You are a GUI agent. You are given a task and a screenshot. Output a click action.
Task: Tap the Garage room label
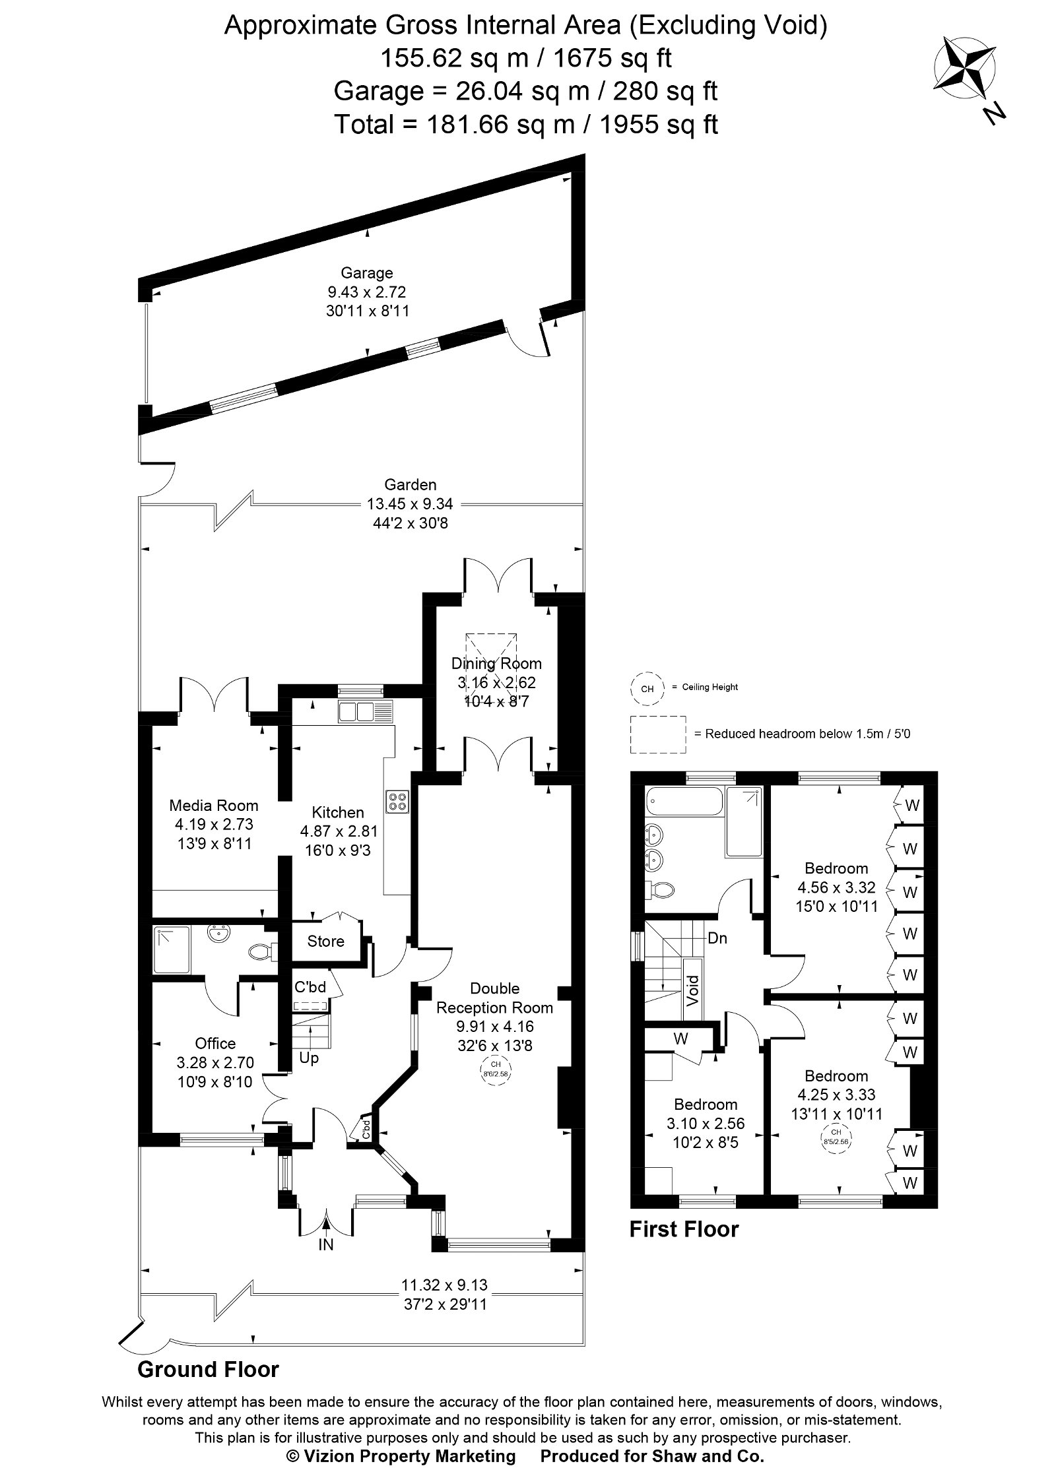click(366, 272)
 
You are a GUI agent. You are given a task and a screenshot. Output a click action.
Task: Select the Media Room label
click(213, 805)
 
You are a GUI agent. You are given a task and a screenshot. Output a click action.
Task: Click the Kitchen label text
click(338, 812)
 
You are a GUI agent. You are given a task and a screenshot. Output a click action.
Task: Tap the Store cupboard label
click(325, 941)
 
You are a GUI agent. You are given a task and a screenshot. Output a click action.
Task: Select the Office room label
click(215, 1043)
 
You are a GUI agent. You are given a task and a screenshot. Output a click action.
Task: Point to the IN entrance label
click(326, 1244)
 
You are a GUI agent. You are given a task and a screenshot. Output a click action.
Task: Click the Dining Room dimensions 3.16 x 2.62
click(496, 682)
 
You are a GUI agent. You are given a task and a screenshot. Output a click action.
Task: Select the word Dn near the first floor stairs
click(717, 938)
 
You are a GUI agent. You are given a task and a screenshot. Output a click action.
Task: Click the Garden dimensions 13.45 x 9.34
click(410, 505)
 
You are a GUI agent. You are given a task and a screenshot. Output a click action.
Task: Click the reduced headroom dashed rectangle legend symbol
click(657, 734)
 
